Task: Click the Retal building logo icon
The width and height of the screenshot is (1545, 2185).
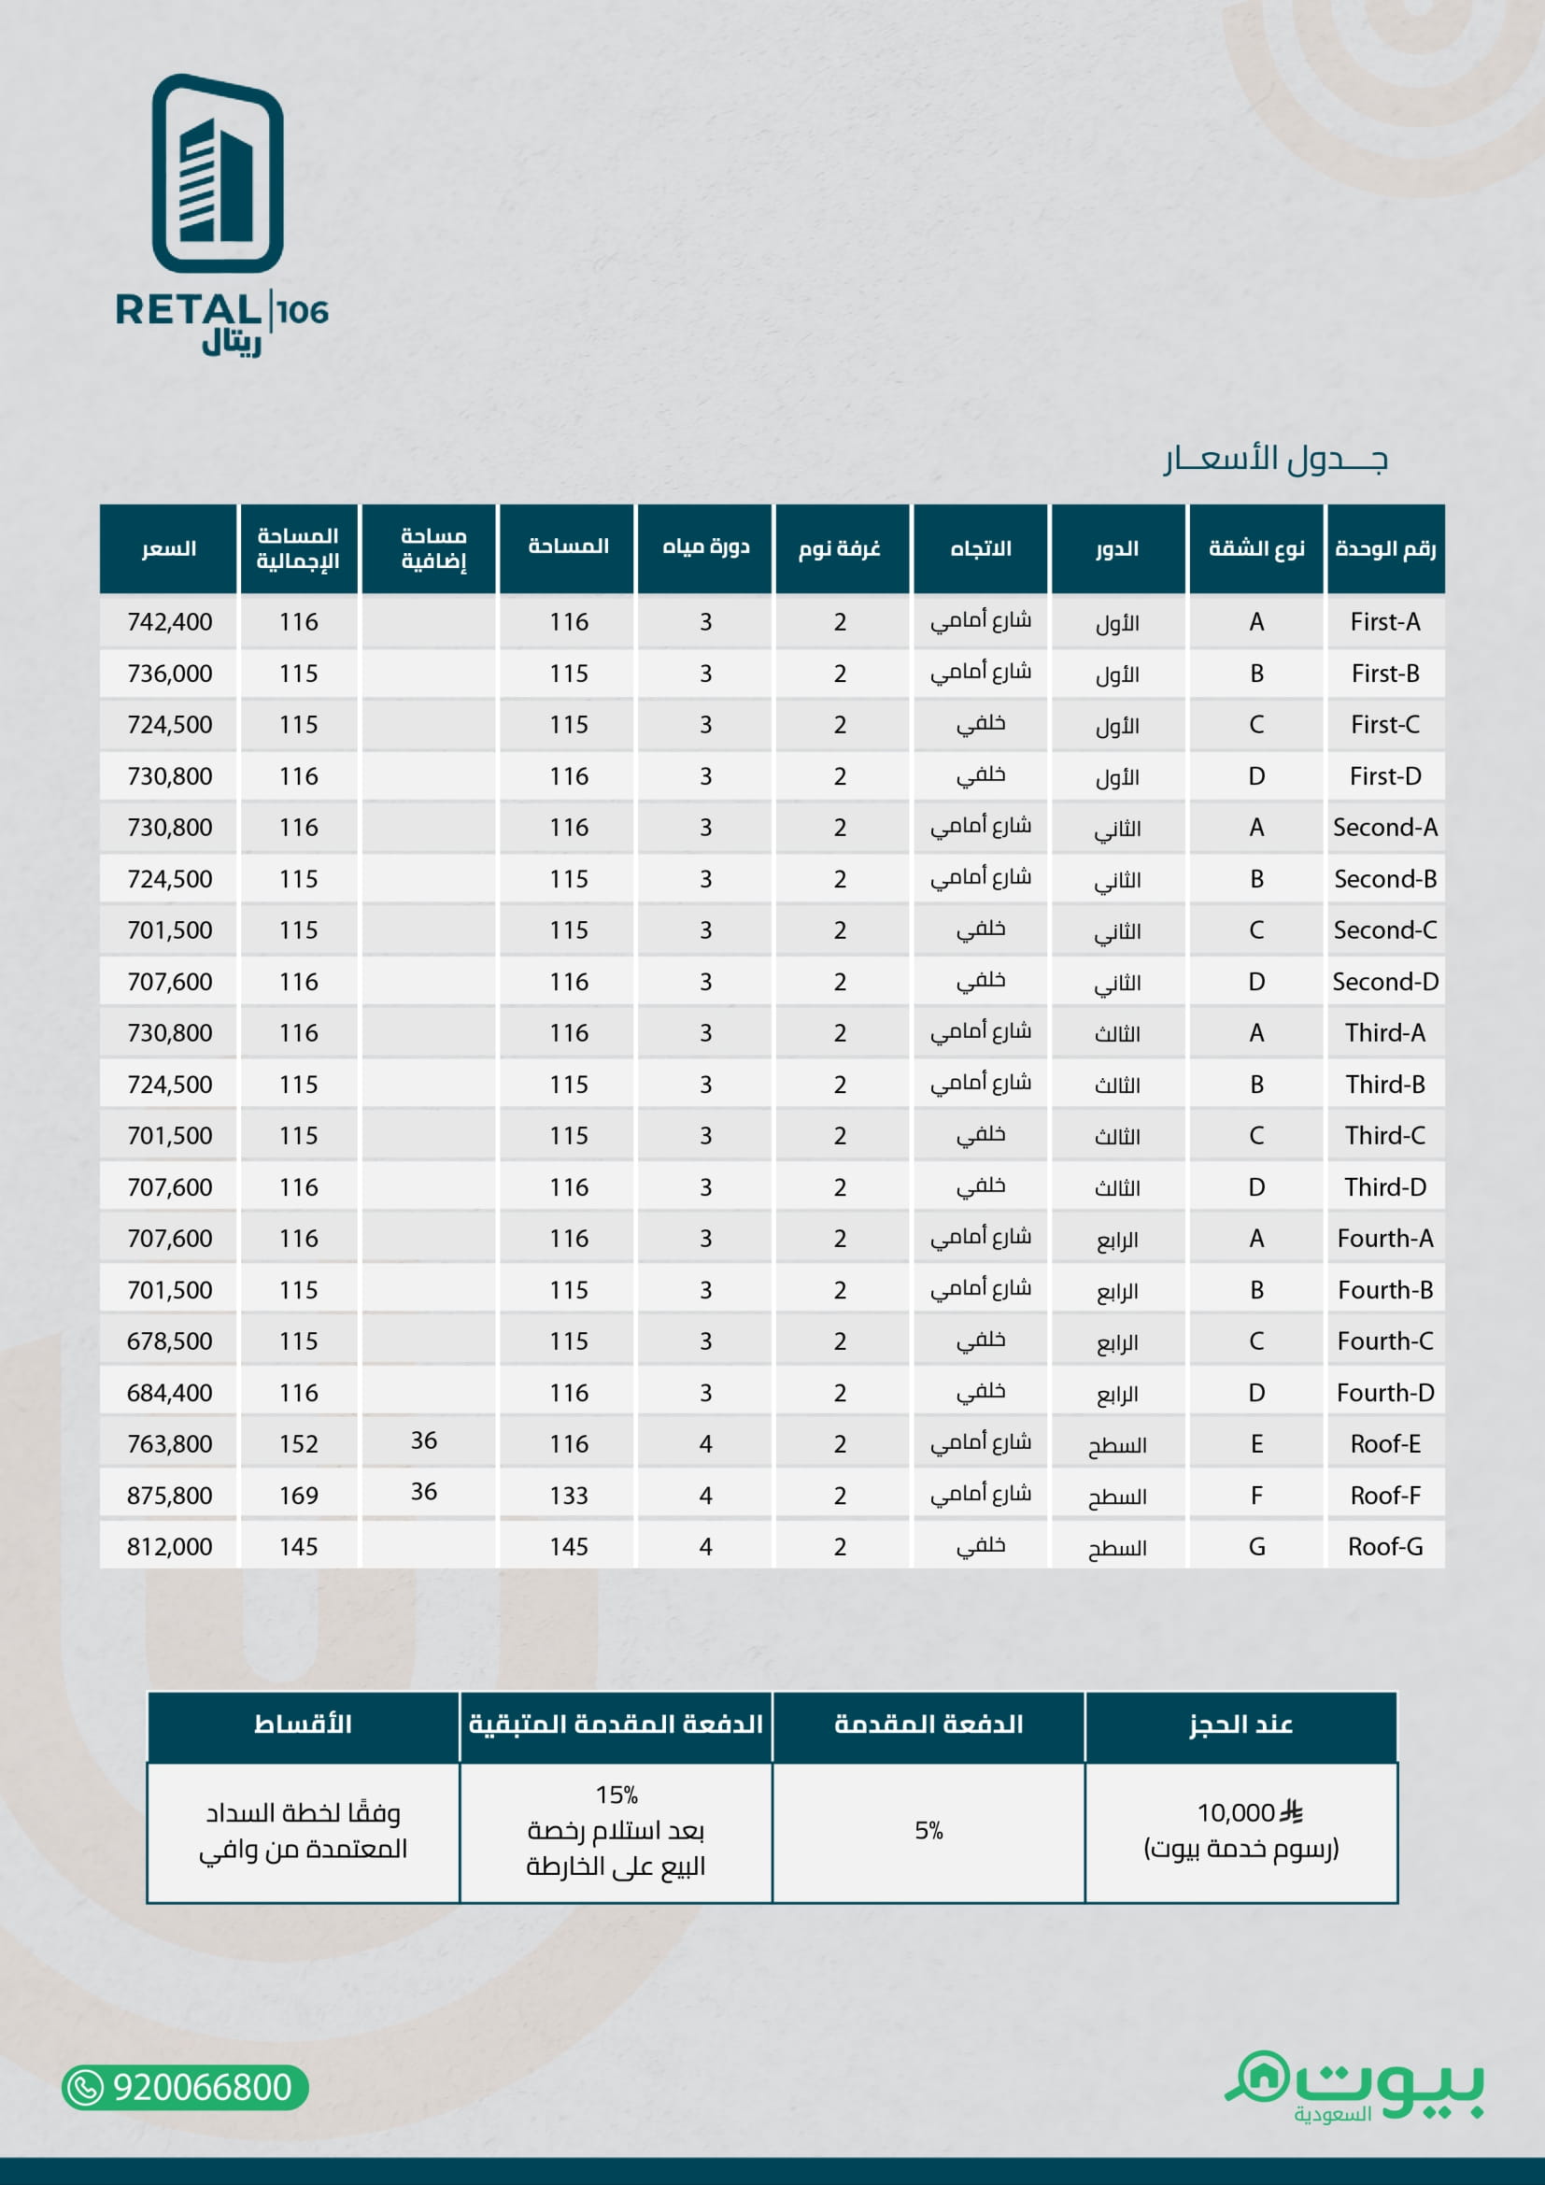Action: pyautogui.click(x=218, y=173)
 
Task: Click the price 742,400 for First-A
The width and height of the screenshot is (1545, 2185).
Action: pyautogui.click(x=169, y=622)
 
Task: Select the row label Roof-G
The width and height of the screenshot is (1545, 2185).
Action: pyautogui.click(x=1384, y=1546)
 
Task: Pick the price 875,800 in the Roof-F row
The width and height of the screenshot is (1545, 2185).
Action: pyautogui.click(x=169, y=1495)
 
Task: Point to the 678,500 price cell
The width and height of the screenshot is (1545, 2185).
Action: pyautogui.click(x=169, y=1341)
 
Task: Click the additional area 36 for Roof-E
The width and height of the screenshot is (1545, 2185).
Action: pyautogui.click(x=423, y=1440)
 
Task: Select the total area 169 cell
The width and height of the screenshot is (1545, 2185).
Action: pyautogui.click(x=298, y=1495)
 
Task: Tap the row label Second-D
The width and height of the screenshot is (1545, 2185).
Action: pyautogui.click(x=1384, y=982)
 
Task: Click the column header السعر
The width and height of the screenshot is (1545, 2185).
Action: pyautogui.click(x=169, y=549)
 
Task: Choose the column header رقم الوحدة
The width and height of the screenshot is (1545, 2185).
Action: pyautogui.click(x=1384, y=549)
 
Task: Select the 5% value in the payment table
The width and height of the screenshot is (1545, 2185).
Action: pyautogui.click(x=928, y=1830)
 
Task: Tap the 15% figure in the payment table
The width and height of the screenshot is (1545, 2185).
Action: pyautogui.click(x=617, y=1795)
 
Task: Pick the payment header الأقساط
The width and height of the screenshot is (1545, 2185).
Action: pyautogui.click(x=303, y=1724)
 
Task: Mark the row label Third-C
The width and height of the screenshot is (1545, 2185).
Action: pyautogui.click(x=1384, y=1135)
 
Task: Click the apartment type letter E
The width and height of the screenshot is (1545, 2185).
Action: pyautogui.click(x=1255, y=1443)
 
